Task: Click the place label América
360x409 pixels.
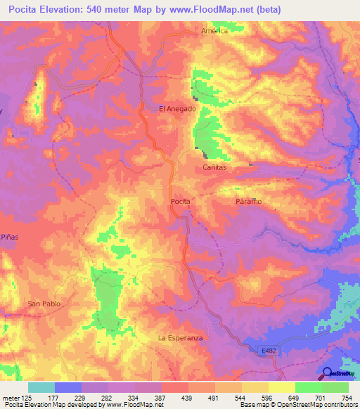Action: pyautogui.click(x=214, y=31)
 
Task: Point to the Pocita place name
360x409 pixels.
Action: pyautogui.click(x=181, y=201)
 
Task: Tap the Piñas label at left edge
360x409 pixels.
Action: pyautogui.click(x=9, y=237)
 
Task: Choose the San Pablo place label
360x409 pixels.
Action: pyautogui.click(x=44, y=304)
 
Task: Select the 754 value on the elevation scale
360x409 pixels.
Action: pyautogui.click(x=345, y=397)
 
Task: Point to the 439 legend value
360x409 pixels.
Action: pyautogui.click(x=186, y=397)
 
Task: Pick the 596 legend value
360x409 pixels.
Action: pyautogui.click(x=266, y=397)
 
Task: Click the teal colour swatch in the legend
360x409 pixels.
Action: pyautogui.click(x=41, y=387)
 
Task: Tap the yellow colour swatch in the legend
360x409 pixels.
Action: pyautogui.click(x=282, y=387)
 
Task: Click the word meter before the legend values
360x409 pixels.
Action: pyautogui.click(x=10, y=397)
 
